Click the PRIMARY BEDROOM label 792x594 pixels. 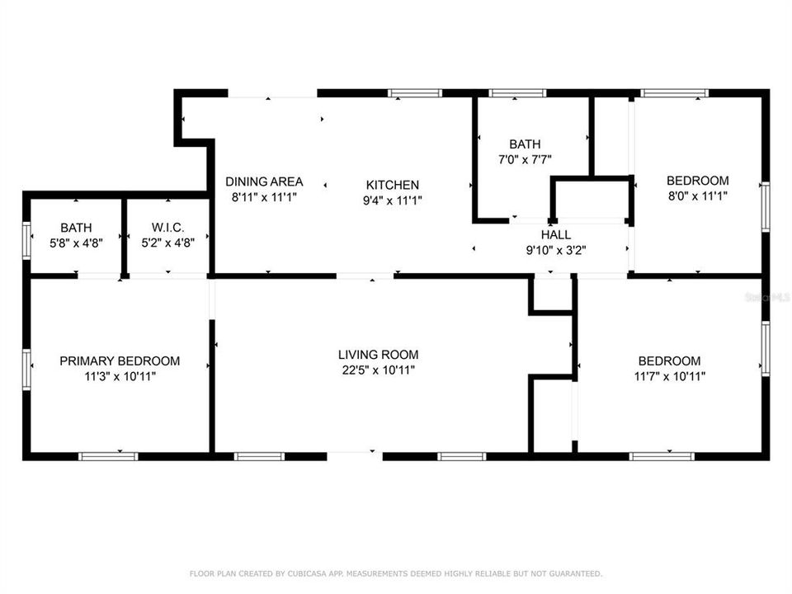(x=120, y=361)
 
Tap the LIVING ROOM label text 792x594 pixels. (x=378, y=355)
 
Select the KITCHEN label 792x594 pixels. (x=393, y=185)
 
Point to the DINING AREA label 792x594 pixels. (x=264, y=181)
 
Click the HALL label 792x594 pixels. (x=556, y=235)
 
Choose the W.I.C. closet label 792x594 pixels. (x=167, y=228)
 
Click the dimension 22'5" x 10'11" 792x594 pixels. (x=378, y=370)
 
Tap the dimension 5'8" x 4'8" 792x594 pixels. (x=76, y=243)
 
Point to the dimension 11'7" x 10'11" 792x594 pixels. (x=669, y=376)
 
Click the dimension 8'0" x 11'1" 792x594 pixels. (x=697, y=196)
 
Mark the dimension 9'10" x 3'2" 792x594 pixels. (x=556, y=250)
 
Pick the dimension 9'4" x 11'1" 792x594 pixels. (x=393, y=200)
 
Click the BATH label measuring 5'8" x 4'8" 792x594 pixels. (x=76, y=228)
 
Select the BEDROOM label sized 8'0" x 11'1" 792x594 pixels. (x=697, y=181)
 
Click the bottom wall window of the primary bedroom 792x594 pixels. (x=107, y=455)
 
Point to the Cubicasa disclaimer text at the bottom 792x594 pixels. (x=396, y=573)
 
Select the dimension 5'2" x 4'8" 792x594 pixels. (x=167, y=243)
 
